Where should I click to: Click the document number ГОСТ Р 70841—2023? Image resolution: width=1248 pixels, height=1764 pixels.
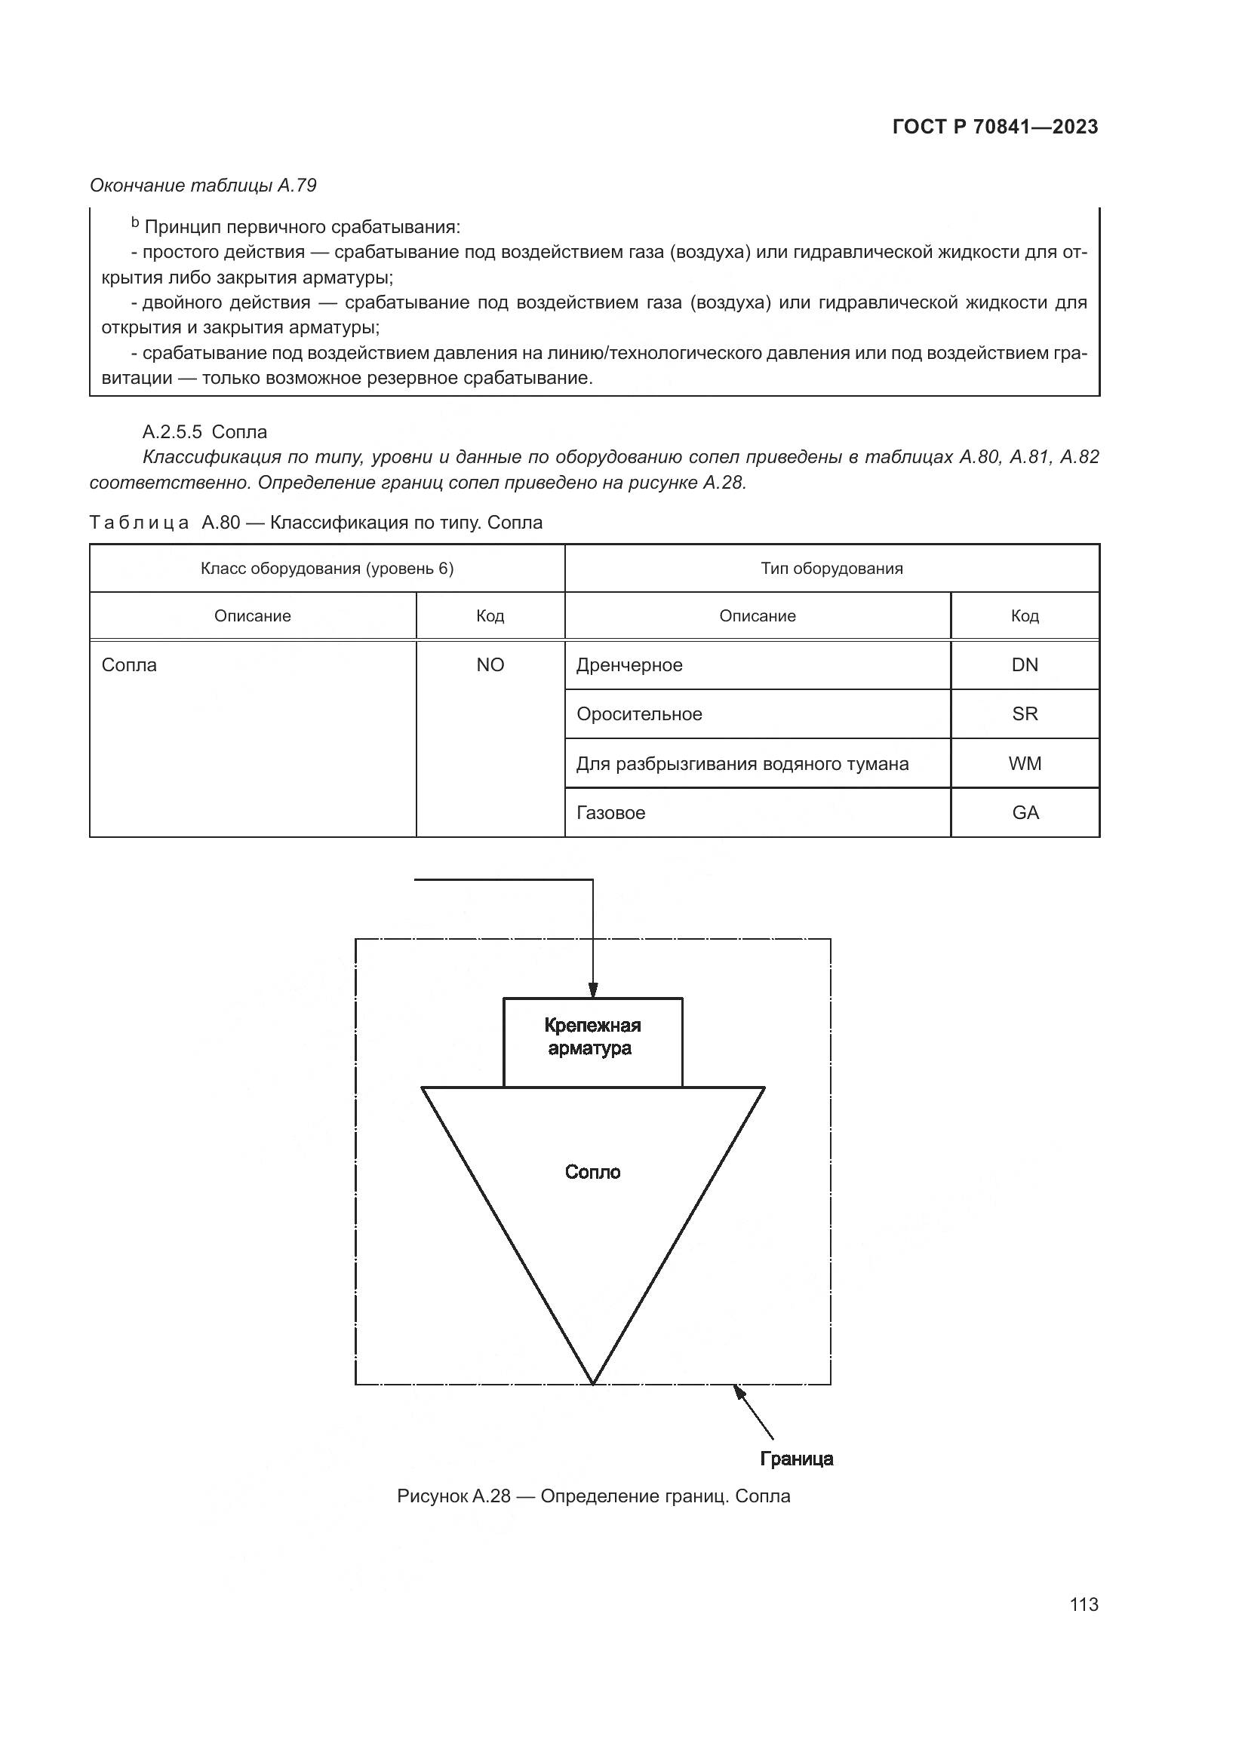995,127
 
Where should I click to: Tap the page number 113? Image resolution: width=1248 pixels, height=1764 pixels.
1084,1604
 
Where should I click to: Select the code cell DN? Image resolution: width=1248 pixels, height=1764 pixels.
1025,665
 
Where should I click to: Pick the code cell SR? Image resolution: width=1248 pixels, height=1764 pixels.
1025,714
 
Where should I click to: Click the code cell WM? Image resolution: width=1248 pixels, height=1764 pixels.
1025,764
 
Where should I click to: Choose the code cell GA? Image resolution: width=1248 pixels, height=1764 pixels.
1025,813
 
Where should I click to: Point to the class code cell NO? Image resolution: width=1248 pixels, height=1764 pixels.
490,665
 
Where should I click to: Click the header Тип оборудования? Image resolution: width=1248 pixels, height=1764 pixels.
831,569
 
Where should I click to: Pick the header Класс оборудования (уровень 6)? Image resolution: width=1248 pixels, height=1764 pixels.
327,569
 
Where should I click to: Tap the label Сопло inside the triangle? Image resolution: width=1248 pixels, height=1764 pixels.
592,1172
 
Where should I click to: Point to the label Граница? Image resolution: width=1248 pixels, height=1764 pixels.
796,1459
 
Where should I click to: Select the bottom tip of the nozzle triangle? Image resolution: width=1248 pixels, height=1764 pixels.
593,1382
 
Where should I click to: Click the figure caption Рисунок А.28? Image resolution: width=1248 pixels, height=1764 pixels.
593,1496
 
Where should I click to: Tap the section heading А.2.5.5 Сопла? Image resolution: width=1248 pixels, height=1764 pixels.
204,432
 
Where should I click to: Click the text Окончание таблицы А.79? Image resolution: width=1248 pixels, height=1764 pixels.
203,186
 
